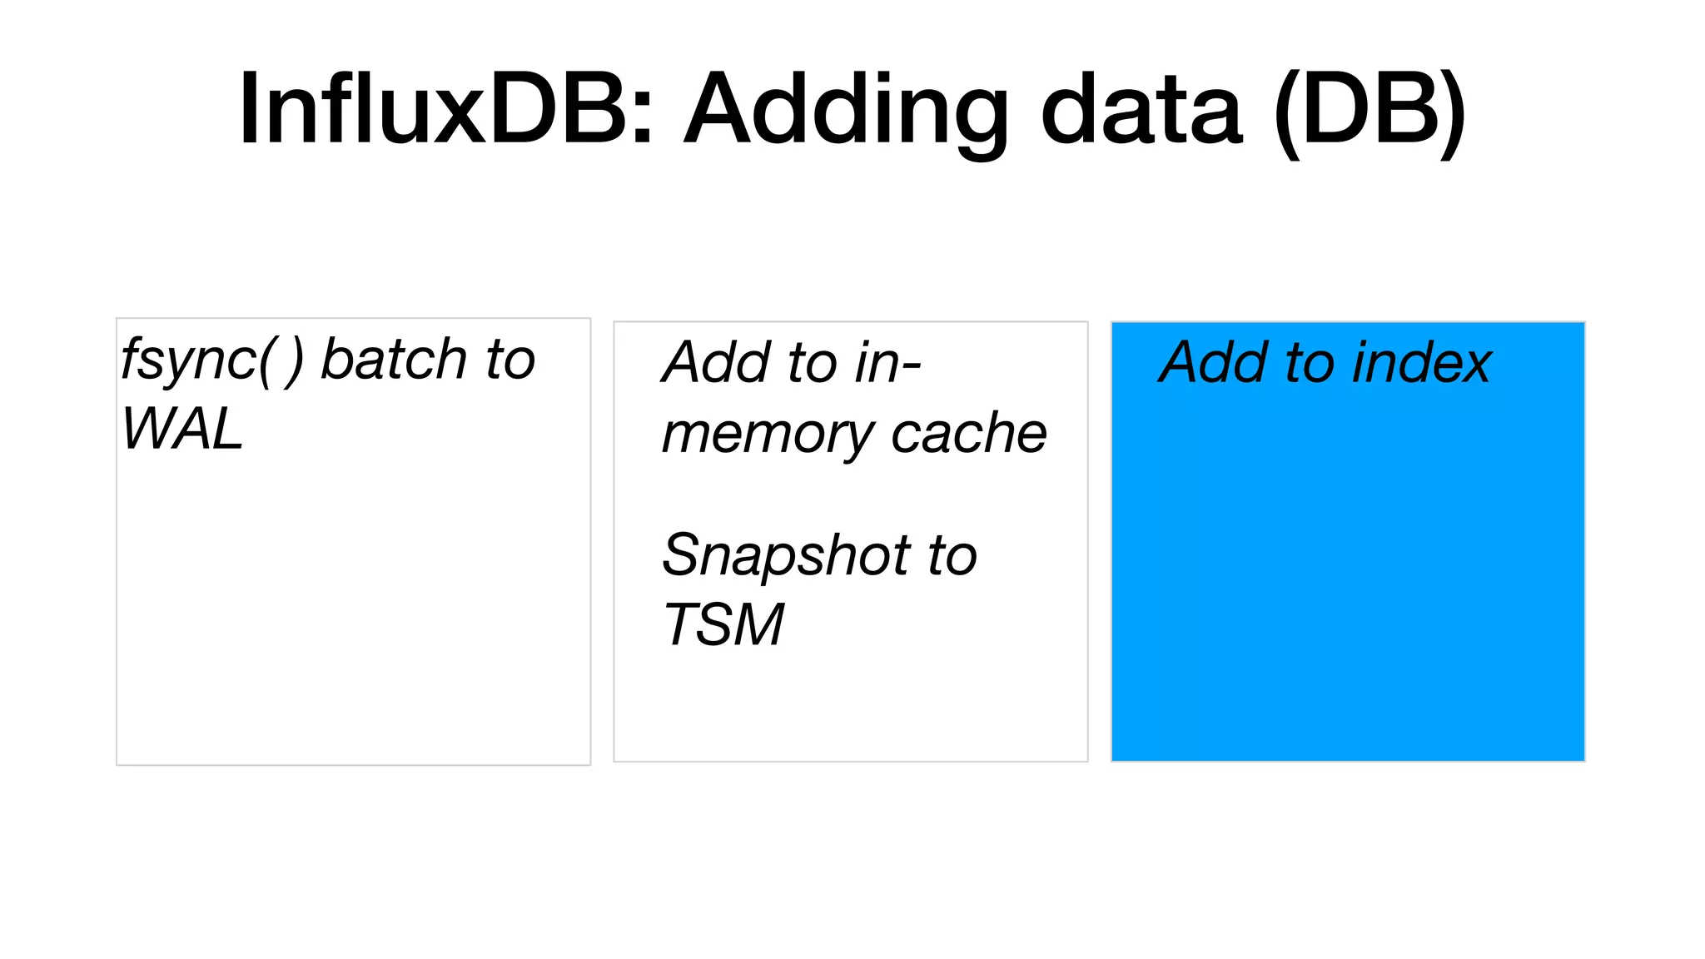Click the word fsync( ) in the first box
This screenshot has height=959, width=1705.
211,360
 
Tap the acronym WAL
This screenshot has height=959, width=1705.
182,430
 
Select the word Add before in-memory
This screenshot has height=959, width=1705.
718,363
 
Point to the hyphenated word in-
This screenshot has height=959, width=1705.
887,363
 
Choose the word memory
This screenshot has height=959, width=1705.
766,435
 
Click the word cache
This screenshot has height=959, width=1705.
968,434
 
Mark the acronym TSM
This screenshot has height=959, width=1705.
723,624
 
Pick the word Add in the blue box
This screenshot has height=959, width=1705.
1215,363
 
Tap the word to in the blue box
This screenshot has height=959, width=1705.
1310,363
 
